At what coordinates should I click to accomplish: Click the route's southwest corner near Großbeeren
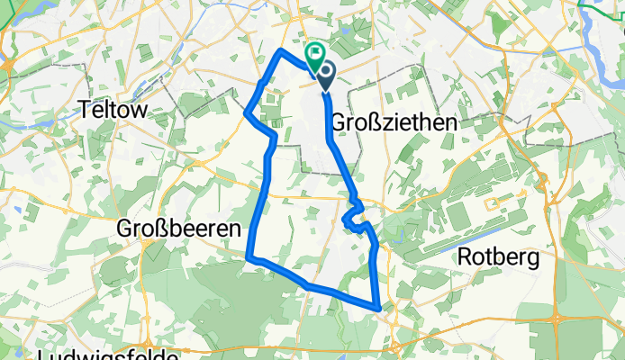(248, 259)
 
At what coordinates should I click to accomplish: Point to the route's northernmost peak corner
(282, 50)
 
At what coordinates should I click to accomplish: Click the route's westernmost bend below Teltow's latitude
(246, 113)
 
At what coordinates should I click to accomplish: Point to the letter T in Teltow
(86, 109)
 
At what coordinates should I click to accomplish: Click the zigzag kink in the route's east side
(353, 216)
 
